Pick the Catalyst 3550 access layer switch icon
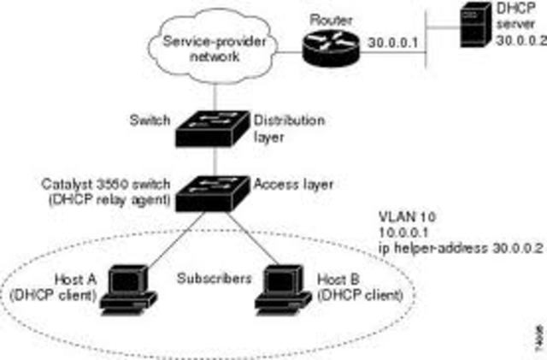pos(214,192)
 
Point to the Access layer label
pos(281,183)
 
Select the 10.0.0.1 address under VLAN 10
pos(403,233)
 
